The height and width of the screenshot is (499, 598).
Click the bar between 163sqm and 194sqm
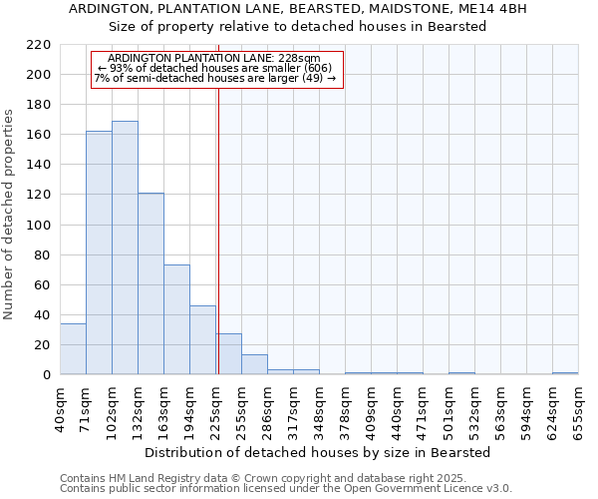[x=176, y=319]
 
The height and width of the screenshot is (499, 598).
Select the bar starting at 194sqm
[x=202, y=339]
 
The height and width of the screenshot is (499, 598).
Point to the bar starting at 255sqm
[x=254, y=364]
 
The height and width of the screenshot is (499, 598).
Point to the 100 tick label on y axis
[x=40, y=225]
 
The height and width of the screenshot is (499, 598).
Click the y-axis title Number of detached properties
[x=9, y=210]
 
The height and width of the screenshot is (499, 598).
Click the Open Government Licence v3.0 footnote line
[x=286, y=488]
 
